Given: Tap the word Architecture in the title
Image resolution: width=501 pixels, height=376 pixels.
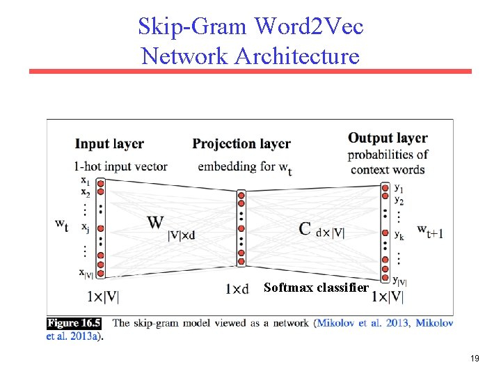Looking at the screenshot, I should click(297, 55).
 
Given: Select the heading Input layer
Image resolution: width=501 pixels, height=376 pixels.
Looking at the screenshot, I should click(109, 144).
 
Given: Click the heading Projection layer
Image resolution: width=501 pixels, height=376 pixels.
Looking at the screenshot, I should click(241, 144).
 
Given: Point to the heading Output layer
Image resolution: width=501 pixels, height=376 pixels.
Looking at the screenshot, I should click(388, 138).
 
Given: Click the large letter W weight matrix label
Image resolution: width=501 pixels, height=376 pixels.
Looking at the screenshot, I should click(156, 223).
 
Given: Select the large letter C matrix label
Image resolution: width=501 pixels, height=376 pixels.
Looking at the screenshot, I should click(304, 228).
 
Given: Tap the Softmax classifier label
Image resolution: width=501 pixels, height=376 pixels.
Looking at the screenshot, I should click(316, 288).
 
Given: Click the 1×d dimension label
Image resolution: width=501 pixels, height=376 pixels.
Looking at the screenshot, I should click(237, 289).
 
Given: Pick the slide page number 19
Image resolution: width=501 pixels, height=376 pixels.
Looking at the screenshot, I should click(475, 359).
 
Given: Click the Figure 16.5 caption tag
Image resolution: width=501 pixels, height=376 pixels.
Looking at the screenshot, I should click(74, 323).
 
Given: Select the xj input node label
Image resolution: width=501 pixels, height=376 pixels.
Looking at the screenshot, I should click(85, 227).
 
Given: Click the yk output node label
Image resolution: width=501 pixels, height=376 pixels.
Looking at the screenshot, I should click(399, 236).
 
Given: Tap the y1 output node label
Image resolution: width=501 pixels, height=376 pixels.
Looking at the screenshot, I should click(399, 187).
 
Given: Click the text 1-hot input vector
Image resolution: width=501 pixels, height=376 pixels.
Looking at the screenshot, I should click(120, 166).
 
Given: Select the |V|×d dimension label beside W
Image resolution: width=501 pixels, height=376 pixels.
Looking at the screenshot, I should click(182, 235).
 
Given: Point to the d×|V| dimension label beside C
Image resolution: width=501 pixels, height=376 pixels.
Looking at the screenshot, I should click(331, 233).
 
